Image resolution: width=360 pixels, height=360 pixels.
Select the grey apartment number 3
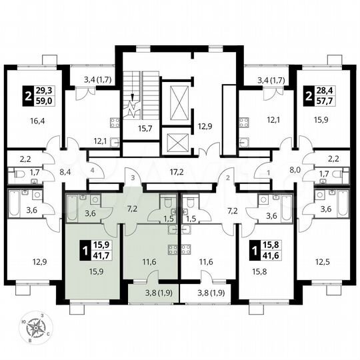133,179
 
